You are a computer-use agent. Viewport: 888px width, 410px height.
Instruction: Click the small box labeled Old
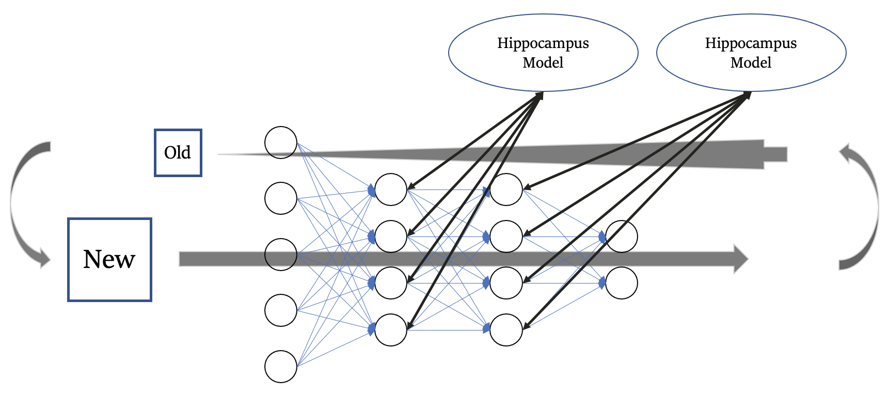[178, 153]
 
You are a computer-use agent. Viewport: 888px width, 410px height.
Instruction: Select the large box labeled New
[109, 259]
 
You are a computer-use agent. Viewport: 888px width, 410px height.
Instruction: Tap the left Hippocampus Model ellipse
[543, 53]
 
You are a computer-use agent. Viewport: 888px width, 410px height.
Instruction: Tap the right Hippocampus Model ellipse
[751, 53]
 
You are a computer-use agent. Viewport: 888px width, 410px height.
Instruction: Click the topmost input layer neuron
[281, 143]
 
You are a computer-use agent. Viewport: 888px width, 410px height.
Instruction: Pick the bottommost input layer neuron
[281, 367]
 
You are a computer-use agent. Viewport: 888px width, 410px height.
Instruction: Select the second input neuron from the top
[281, 198]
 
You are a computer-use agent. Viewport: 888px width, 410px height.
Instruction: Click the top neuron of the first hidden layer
[391, 190]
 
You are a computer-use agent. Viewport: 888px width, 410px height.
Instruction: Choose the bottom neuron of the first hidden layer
[391, 330]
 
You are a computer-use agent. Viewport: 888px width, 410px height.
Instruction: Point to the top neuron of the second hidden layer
[506, 190]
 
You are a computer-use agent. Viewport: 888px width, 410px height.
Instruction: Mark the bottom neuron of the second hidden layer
[506, 330]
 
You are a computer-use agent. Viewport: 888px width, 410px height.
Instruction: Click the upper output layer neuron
[622, 236]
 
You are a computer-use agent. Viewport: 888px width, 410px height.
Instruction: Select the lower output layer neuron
[622, 283]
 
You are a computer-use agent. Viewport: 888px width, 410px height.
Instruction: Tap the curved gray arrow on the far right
[865, 207]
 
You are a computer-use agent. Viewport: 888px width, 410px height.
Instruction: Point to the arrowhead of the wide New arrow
[741, 259]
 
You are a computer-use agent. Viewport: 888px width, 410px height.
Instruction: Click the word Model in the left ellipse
[543, 63]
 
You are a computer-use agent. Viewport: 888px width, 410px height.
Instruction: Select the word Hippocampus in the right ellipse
[751, 43]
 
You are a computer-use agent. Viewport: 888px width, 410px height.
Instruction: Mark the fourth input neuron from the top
[281, 310]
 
